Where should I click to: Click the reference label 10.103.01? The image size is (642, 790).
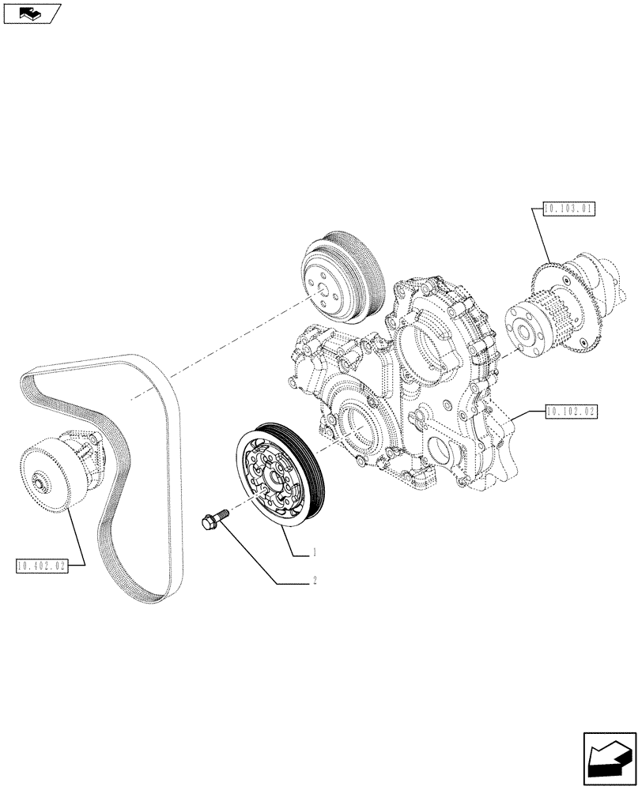(x=568, y=209)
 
